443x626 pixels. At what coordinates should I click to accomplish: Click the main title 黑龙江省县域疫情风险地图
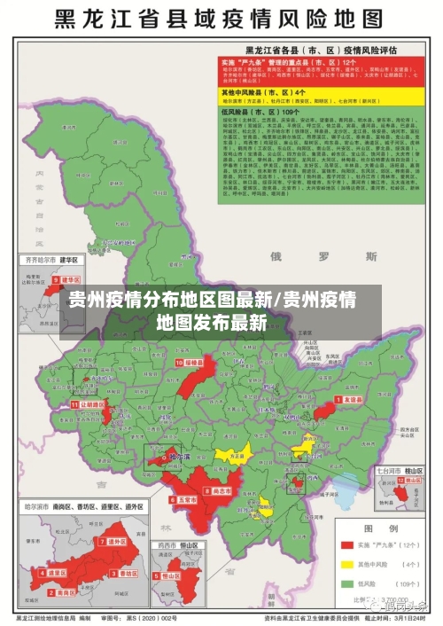click(221, 20)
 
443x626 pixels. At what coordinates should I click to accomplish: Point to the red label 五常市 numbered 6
click(185, 499)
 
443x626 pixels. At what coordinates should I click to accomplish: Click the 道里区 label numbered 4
click(57, 573)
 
